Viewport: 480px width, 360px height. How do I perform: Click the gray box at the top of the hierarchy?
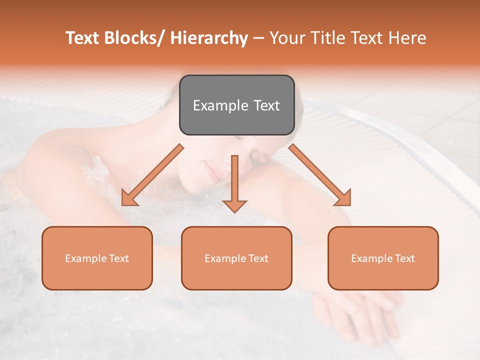tap(236, 105)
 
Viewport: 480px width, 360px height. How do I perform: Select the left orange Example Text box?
tap(97, 258)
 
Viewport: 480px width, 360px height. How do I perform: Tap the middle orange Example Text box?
tap(236, 258)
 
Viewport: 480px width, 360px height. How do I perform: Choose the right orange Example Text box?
tap(383, 258)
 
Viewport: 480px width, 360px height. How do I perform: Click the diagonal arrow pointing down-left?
tap(152, 175)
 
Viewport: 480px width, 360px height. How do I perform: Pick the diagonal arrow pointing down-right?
tap(320, 175)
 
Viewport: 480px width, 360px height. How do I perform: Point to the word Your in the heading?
tap(286, 38)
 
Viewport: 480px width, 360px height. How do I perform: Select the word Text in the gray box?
tap(266, 105)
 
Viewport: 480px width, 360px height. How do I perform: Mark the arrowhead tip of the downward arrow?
tap(234, 212)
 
